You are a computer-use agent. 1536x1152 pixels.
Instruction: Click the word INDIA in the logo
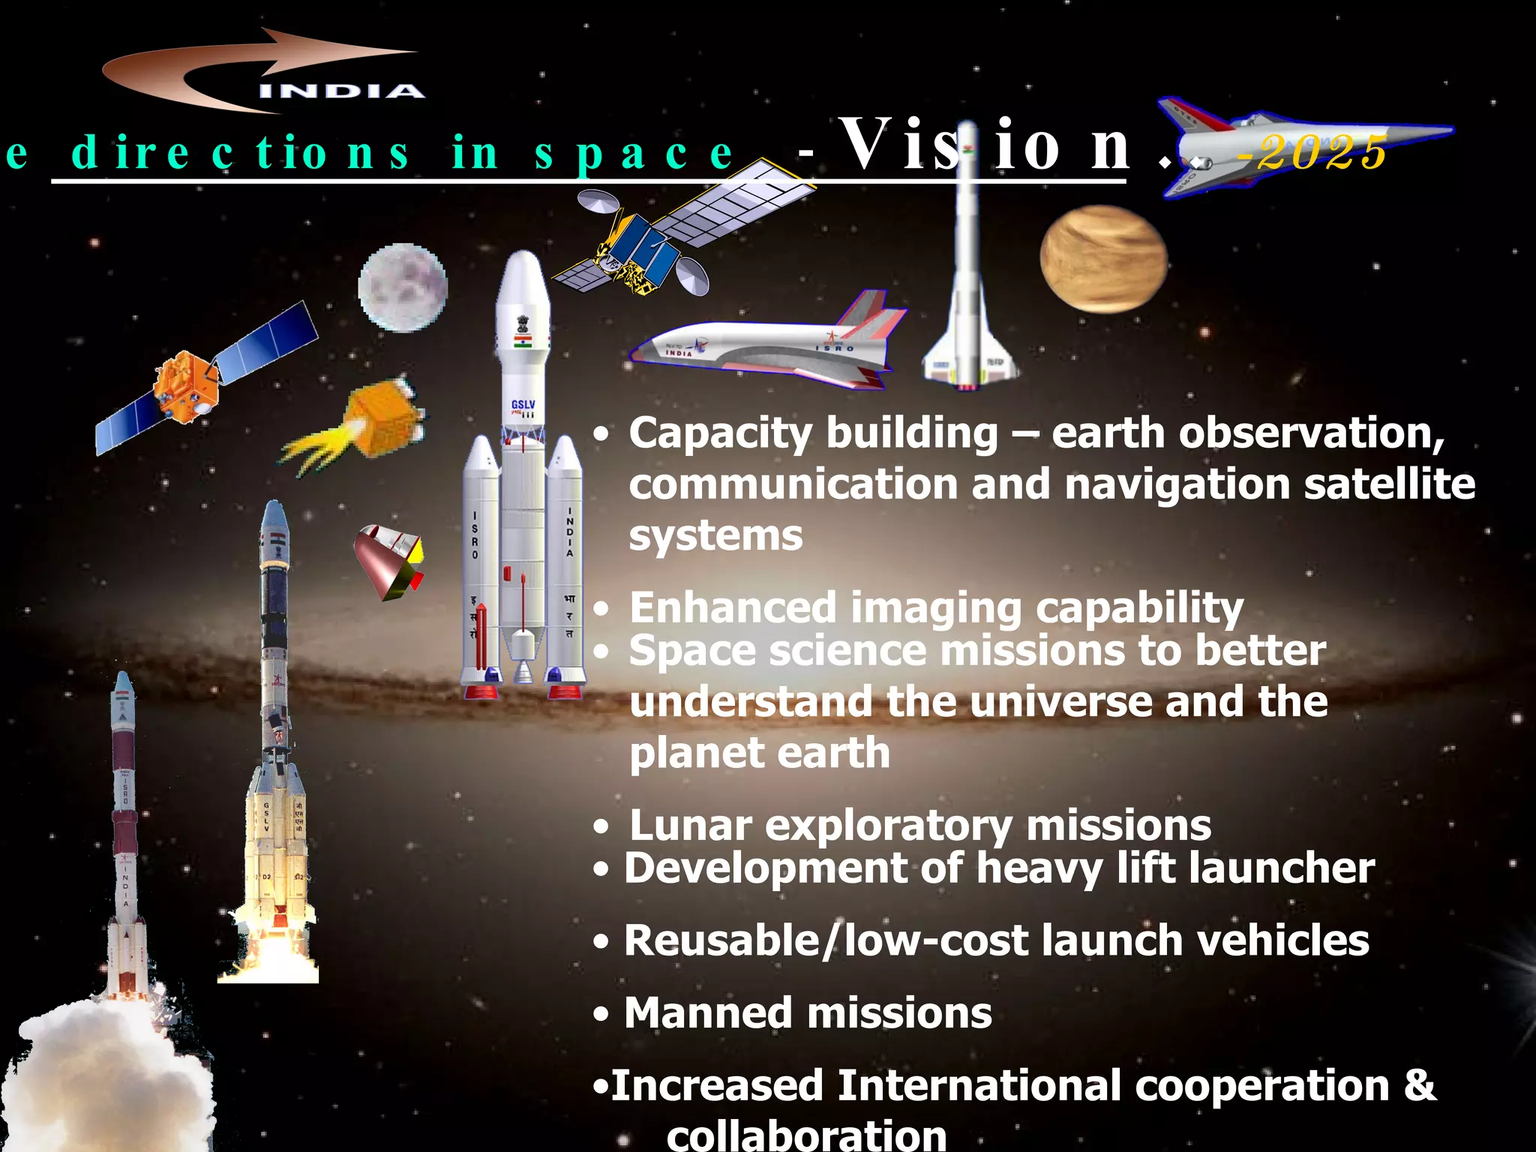point(342,91)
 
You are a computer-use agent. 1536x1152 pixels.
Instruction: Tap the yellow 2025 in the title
point(1321,153)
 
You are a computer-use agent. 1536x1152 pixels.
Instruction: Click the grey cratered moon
point(403,287)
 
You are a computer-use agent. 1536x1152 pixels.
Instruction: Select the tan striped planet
point(1103,259)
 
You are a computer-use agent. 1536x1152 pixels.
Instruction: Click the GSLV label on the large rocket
point(523,406)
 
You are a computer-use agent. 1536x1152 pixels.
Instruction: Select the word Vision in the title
point(982,145)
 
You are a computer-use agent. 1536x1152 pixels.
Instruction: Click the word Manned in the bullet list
point(709,1013)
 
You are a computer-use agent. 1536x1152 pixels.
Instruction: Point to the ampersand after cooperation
point(1419,1085)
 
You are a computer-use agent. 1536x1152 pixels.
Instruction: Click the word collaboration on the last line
point(806,1134)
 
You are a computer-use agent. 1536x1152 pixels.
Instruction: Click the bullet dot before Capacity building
point(601,434)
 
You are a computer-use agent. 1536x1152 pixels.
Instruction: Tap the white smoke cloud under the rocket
point(105,1072)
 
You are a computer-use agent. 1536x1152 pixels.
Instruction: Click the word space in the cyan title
point(634,153)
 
